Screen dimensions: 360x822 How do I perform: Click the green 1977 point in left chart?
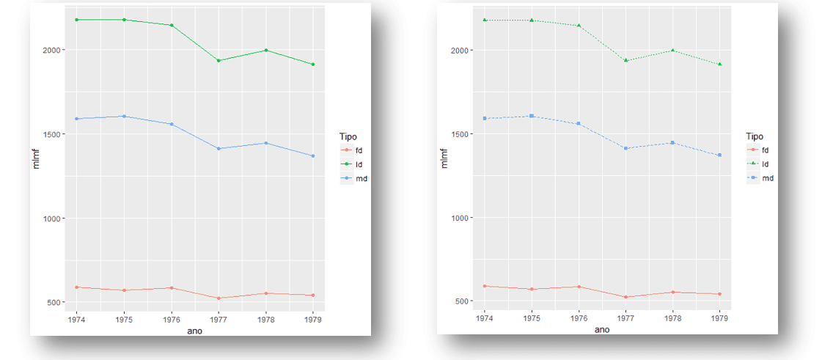pos(219,60)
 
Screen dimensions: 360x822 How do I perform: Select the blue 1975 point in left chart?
pos(124,116)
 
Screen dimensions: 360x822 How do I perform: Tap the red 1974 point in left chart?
pos(77,287)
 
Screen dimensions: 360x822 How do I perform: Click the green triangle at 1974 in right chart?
pos(485,20)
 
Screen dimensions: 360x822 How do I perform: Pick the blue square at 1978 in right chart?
pos(672,142)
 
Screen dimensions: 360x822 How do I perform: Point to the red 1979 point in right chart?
pos(720,294)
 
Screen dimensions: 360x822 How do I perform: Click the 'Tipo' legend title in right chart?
pos(755,136)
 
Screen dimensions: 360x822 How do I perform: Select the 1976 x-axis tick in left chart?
pos(171,320)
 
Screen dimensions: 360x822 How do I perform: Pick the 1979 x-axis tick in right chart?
pos(720,319)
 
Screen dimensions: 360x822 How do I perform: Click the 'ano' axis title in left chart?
pos(195,331)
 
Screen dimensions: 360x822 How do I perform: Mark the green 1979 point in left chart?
pos(313,65)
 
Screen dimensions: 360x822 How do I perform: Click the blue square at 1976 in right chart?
pos(579,123)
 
